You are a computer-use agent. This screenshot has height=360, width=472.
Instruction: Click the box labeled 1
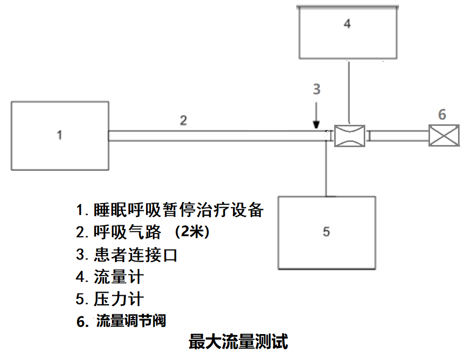[60, 135]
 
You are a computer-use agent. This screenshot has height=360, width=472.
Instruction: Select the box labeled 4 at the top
[348, 32]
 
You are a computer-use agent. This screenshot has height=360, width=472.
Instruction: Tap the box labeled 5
[326, 232]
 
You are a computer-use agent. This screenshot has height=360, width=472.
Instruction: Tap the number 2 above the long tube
[183, 121]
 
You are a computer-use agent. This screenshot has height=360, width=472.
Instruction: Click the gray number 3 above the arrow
[317, 89]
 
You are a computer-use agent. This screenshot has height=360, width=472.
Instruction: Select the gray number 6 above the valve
[441, 114]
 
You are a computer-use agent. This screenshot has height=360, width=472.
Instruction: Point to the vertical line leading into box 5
[326, 168]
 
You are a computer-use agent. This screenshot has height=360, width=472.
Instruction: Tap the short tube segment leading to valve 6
[398, 136]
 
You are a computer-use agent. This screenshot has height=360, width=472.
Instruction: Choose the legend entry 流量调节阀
[131, 321]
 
